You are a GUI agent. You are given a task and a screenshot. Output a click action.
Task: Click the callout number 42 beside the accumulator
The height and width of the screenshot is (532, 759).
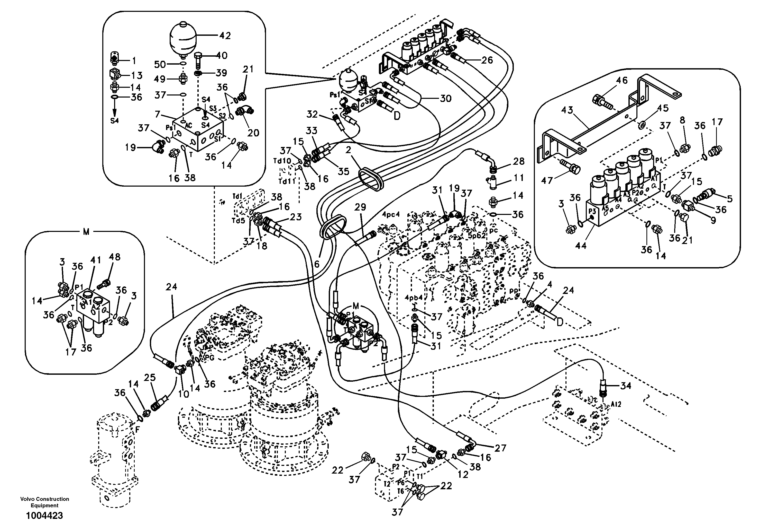pyautogui.click(x=225, y=36)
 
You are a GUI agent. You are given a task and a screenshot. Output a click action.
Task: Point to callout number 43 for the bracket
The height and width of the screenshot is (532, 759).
pyautogui.click(x=567, y=110)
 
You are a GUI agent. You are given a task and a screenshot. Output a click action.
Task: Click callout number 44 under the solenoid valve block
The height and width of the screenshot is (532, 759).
pyautogui.click(x=581, y=246)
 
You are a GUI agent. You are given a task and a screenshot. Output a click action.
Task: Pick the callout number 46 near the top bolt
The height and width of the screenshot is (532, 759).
pyautogui.click(x=621, y=81)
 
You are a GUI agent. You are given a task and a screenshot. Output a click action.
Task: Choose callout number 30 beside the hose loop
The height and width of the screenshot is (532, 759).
pyautogui.click(x=446, y=98)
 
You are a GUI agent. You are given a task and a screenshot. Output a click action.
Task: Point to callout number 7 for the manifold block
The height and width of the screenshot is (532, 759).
pyautogui.click(x=158, y=114)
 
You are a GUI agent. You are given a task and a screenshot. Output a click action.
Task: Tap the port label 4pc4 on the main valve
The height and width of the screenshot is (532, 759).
pyautogui.click(x=391, y=214)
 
